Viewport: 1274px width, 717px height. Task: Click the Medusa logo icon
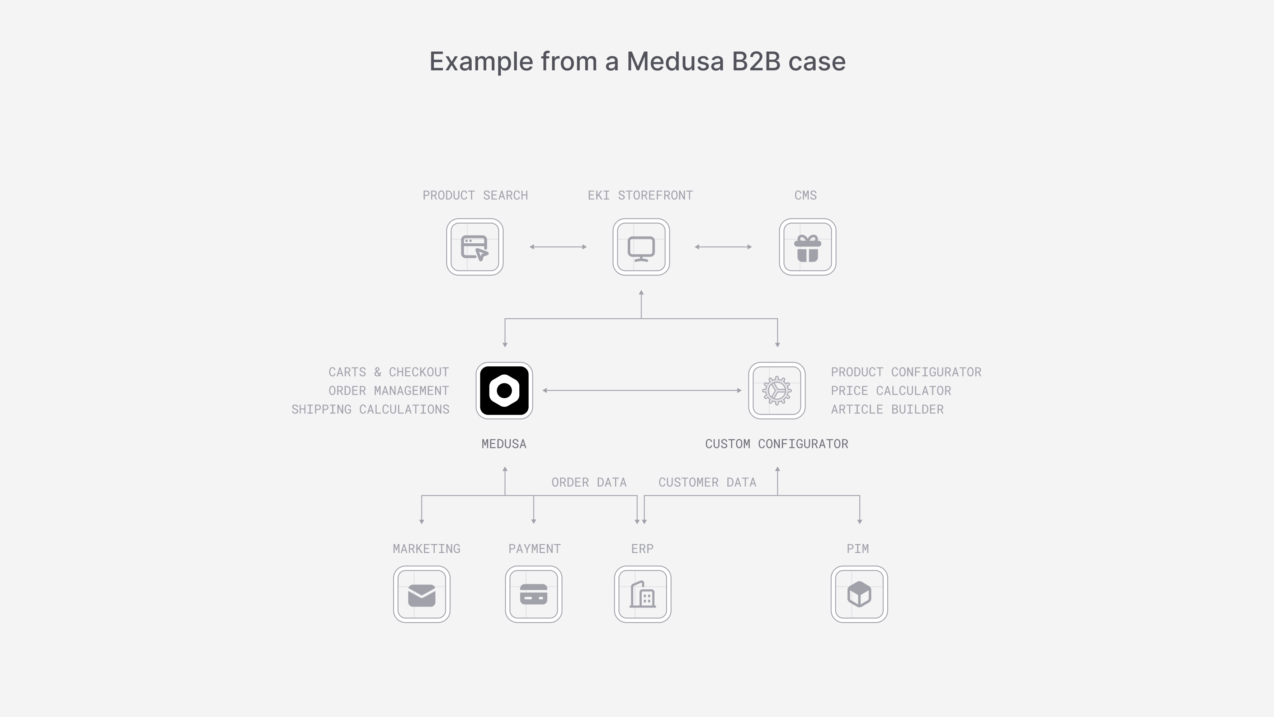504,390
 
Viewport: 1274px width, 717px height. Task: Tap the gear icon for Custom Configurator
777,390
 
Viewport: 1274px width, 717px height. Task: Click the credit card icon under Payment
534,594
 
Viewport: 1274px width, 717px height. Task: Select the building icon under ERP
642,594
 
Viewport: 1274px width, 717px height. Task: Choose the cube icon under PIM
859,594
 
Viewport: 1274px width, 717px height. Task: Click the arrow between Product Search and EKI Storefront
558,247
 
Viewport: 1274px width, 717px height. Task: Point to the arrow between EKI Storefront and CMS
723,247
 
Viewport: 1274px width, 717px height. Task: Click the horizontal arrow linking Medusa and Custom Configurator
642,390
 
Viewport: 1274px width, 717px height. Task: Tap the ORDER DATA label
589,482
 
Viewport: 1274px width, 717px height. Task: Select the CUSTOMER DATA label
707,482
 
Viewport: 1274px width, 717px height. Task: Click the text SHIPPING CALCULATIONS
371,409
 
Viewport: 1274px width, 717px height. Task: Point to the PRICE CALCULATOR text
891,391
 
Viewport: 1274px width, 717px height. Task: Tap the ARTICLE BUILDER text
887,409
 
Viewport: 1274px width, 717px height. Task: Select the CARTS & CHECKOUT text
389,372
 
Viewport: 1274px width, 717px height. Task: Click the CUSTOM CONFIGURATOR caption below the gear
777,444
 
